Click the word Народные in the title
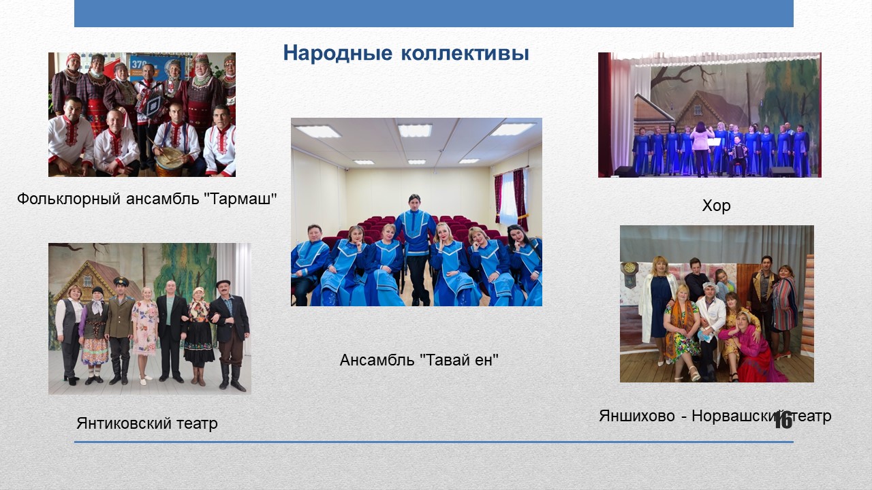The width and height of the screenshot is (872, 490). [337, 53]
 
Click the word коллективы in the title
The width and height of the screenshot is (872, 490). [465, 53]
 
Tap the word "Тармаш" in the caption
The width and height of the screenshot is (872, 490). [240, 199]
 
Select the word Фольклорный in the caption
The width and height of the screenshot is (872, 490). [69, 199]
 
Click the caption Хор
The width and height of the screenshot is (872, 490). [716, 206]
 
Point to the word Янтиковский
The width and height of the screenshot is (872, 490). [124, 423]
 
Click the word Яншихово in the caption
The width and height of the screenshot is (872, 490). [637, 416]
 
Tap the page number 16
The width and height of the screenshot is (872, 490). [783, 421]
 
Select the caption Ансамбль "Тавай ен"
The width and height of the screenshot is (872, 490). [419, 360]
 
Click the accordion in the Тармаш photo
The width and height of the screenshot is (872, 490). [151, 103]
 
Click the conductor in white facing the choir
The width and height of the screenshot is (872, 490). [702, 148]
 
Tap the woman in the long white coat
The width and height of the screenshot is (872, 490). [657, 307]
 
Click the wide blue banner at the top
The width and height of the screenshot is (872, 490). [434, 13]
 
